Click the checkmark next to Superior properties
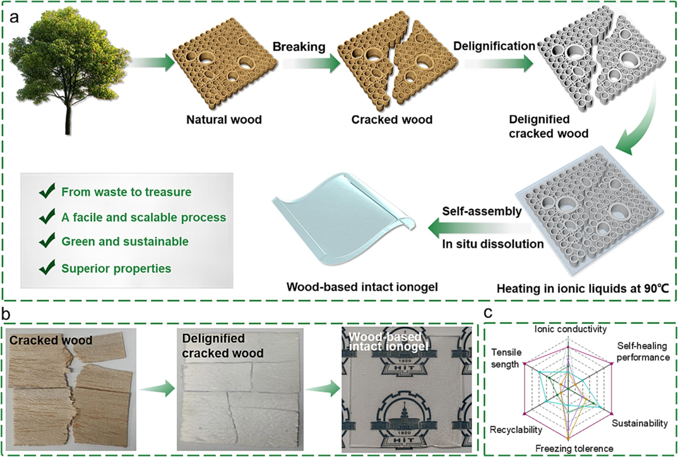(45, 268)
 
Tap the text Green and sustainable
(124, 242)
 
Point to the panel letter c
(488, 312)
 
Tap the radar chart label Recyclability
(516, 429)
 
